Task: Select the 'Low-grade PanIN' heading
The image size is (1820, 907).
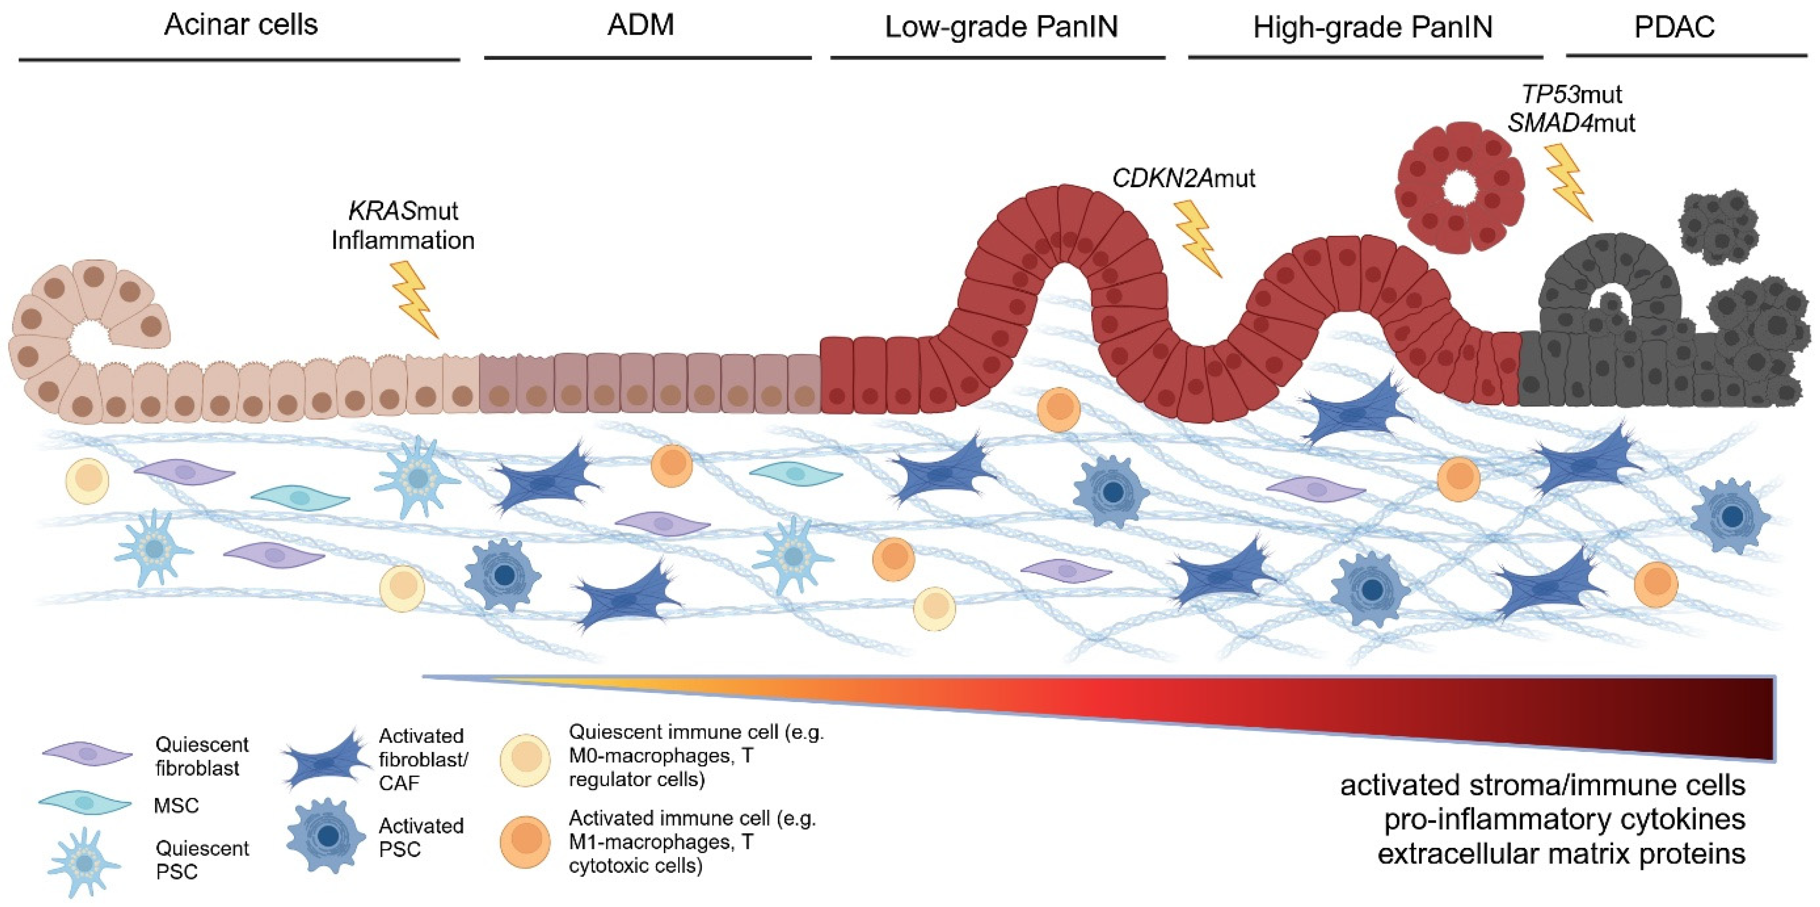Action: pos(1001,27)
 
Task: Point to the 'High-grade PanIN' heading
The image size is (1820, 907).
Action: pos(1373,27)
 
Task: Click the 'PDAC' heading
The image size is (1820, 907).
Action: pos(1675,27)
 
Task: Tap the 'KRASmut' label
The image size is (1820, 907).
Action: pos(403,210)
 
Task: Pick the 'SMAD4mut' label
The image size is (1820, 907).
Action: pos(1571,123)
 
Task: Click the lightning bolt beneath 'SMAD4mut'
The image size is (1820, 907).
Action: pos(1568,182)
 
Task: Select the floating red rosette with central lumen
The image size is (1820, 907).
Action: pos(1459,187)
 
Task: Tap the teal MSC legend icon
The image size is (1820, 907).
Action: pos(85,803)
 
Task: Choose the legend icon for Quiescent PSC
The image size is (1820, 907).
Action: pos(85,863)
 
